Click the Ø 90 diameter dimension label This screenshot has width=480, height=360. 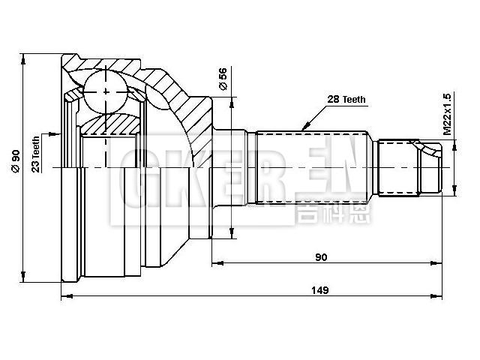tap(14, 160)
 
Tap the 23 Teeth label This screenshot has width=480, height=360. tap(35, 154)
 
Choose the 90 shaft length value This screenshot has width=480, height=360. tap(321, 257)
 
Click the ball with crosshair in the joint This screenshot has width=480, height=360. tap(106, 91)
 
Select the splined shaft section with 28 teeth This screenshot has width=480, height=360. tap(311, 166)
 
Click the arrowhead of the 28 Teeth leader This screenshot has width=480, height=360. tap(303, 128)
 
